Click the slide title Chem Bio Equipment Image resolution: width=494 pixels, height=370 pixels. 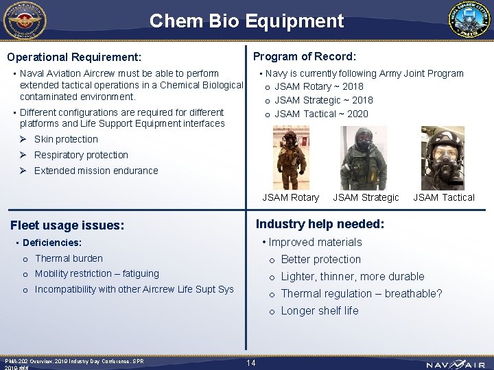[246, 21]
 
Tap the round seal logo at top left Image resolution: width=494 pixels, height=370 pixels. [24, 21]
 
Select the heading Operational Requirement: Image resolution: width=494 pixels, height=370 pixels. [74, 57]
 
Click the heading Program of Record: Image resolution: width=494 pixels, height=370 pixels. [305, 56]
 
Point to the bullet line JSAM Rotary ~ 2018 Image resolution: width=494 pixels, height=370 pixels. [319, 86]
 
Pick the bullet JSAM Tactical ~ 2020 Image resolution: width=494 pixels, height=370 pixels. [321, 114]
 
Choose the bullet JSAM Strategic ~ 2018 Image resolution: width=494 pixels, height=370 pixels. [324, 100]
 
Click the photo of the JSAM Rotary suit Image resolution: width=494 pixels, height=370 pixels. [292, 158]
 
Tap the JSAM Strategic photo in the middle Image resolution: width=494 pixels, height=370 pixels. [363, 158]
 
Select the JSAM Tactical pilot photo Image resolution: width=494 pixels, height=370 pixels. [443, 158]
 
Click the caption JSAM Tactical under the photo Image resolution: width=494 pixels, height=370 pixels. [443, 197]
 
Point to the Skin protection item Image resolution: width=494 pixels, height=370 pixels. [66, 139]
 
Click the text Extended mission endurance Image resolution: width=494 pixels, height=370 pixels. [96, 171]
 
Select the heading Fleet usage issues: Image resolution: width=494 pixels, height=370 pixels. [67, 225]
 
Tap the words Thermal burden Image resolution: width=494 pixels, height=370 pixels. [69, 258]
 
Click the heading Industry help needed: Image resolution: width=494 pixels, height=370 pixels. [320, 224]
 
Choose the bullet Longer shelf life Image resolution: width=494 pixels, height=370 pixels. [320, 310]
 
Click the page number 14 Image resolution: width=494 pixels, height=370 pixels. [250, 362]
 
